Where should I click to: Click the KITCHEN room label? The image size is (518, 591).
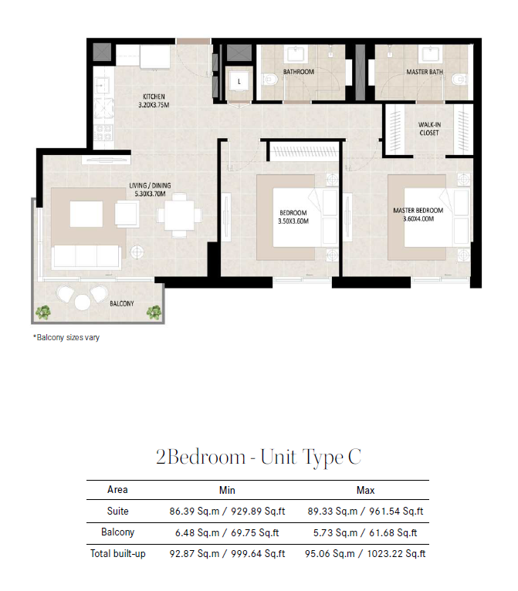[154, 96]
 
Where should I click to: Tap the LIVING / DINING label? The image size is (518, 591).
[150, 185]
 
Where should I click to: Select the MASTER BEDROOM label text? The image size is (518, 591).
[418, 211]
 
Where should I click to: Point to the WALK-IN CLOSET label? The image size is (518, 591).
[429, 129]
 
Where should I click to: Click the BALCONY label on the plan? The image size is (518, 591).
[122, 303]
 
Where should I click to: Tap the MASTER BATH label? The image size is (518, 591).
[425, 72]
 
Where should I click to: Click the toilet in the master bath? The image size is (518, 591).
[458, 79]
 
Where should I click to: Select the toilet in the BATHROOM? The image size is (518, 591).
[271, 79]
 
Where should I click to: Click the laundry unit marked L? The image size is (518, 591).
[239, 82]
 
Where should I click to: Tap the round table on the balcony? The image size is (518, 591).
[82, 302]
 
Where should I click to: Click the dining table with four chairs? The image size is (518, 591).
[179, 215]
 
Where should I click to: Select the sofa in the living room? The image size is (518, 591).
[86, 257]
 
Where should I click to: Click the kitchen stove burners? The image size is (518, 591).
[103, 132]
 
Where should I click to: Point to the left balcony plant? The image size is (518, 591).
[42, 312]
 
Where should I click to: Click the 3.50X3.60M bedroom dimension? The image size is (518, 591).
[293, 221]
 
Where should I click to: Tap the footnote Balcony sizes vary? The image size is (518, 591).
[66, 337]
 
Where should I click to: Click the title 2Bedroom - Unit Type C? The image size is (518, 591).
[259, 457]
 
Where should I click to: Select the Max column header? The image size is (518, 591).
[365, 490]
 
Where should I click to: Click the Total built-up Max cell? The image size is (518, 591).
[365, 554]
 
